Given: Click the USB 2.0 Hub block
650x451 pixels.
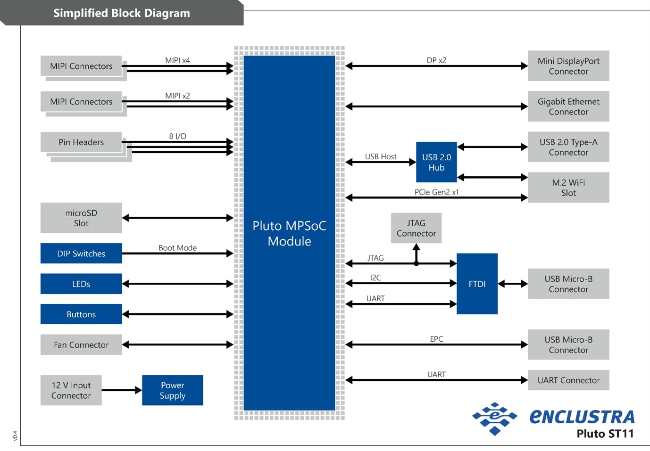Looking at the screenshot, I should [x=436, y=162].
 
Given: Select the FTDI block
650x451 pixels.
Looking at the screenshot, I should [x=477, y=284].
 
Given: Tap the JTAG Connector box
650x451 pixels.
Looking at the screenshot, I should [x=416, y=228].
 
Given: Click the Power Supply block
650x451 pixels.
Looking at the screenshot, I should [x=172, y=390].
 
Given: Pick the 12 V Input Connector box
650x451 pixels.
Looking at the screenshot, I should [x=71, y=390].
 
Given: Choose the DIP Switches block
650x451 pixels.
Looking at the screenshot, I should [x=81, y=254].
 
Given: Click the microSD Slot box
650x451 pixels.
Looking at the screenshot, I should [x=81, y=218].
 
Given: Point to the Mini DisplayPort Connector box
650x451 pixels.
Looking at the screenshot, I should [x=568, y=66].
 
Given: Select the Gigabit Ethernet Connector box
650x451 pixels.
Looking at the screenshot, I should [x=568, y=107].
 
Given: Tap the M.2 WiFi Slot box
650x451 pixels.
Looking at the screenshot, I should [x=568, y=188].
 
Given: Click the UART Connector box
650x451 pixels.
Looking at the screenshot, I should [x=568, y=380].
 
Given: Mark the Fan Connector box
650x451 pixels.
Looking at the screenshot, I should [x=81, y=344].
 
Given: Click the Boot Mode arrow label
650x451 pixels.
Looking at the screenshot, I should [x=177, y=248].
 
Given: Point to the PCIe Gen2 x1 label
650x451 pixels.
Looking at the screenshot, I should [x=436, y=192].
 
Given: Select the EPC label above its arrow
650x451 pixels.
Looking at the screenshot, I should [x=436, y=339].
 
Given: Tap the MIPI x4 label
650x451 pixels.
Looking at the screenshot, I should [x=177, y=60].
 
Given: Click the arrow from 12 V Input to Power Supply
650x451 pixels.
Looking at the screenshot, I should [x=122, y=390].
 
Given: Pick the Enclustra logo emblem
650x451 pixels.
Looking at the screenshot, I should [x=494, y=418].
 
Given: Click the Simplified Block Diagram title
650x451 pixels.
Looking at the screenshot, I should [x=122, y=13].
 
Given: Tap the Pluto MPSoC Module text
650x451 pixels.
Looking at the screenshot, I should [x=289, y=233].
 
